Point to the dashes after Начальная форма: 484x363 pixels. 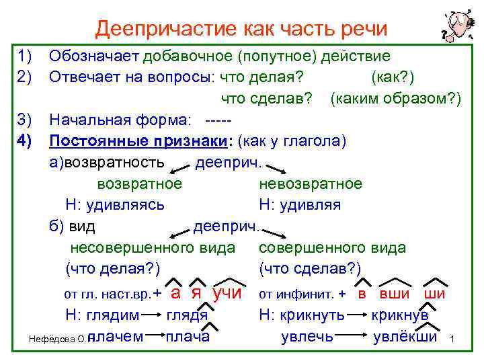coord(217,121)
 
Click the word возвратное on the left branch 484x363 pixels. coord(139,184)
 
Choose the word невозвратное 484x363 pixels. coord(310,184)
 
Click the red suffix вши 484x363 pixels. coord(393,293)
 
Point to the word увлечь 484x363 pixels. coord(307,336)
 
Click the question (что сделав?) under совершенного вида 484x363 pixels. coord(310,269)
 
